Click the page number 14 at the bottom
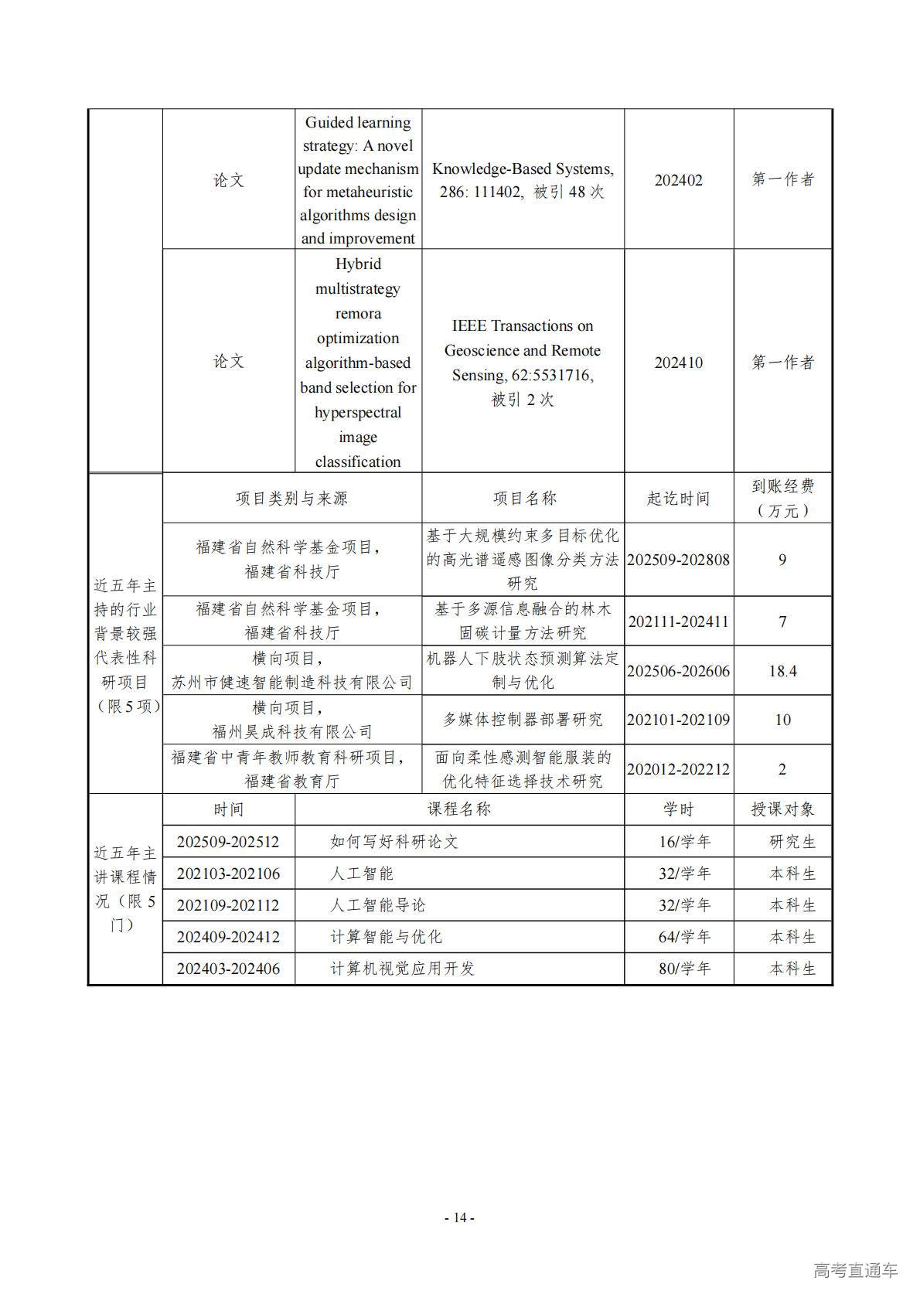click(459, 1218)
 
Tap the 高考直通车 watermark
click(855, 1270)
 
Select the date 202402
click(678, 180)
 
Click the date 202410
click(678, 363)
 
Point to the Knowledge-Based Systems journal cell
click(523, 180)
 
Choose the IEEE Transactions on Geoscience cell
click(523, 363)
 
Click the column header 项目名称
click(524, 499)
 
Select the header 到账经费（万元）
click(782, 498)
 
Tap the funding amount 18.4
click(782, 671)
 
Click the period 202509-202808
click(678, 560)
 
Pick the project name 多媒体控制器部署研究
click(523, 720)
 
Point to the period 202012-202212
click(678, 769)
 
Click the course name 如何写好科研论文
click(394, 842)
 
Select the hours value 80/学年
click(684, 969)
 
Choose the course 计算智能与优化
click(386, 937)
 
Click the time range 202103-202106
click(228, 874)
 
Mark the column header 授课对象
click(782, 809)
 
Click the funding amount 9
click(782, 560)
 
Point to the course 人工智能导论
click(377, 905)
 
